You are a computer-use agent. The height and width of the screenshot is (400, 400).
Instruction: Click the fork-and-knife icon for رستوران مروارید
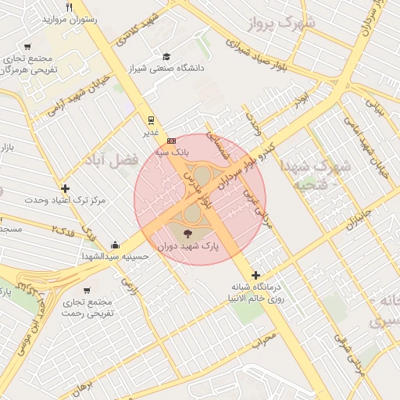70,8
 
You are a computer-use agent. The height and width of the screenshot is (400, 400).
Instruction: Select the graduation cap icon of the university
166,56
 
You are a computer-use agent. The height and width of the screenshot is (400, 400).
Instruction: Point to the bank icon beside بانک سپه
171,141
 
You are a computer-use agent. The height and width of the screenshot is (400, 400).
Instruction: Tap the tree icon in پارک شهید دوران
187,233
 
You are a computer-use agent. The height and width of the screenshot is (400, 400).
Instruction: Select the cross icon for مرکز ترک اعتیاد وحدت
65,188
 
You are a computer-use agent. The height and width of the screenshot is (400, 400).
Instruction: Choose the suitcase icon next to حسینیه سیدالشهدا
116,245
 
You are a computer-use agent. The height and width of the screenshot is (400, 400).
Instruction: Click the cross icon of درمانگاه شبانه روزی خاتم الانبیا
255,275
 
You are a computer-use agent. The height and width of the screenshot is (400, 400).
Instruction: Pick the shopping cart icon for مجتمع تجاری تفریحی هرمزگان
28,47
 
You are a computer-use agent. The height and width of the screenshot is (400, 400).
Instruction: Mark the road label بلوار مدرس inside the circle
196,189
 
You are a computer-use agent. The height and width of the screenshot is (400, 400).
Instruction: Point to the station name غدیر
150,133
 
